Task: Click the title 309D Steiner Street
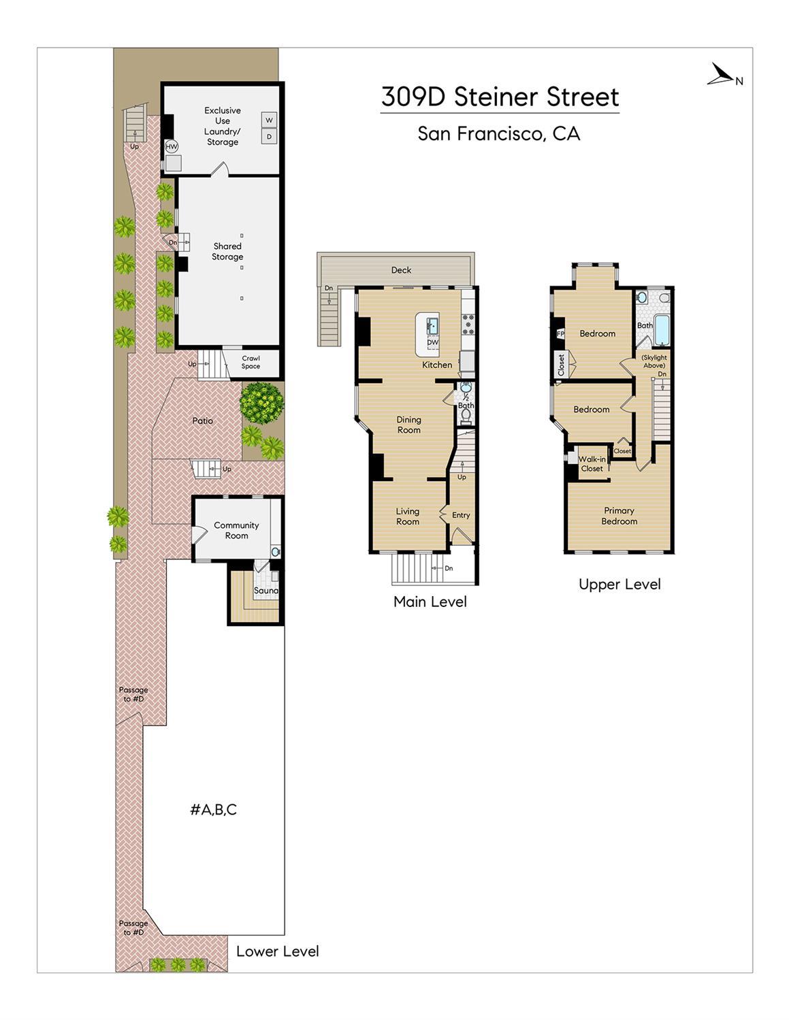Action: coord(500,97)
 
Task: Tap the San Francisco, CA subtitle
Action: coord(498,133)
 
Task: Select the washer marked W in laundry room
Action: coord(269,120)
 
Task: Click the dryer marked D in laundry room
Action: coord(269,137)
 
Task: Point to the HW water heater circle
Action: coord(172,146)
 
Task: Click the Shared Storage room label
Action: coord(227,251)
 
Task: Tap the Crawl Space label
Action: coord(251,362)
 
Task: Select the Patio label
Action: coord(202,421)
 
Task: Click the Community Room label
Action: coord(236,530)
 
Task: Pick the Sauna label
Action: coord(265,591)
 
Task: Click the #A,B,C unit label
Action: coord(213,810)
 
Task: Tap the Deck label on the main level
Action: coord(401,270)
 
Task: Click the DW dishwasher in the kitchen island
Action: coord(432,342)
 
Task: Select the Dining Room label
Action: coord(408,425)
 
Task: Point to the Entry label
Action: coord(461,515)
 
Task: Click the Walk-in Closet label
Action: coord(592,463)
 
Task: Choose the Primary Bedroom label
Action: coord(619,516)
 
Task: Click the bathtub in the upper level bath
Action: coord(661,330)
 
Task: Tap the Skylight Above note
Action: coord(654,361)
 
